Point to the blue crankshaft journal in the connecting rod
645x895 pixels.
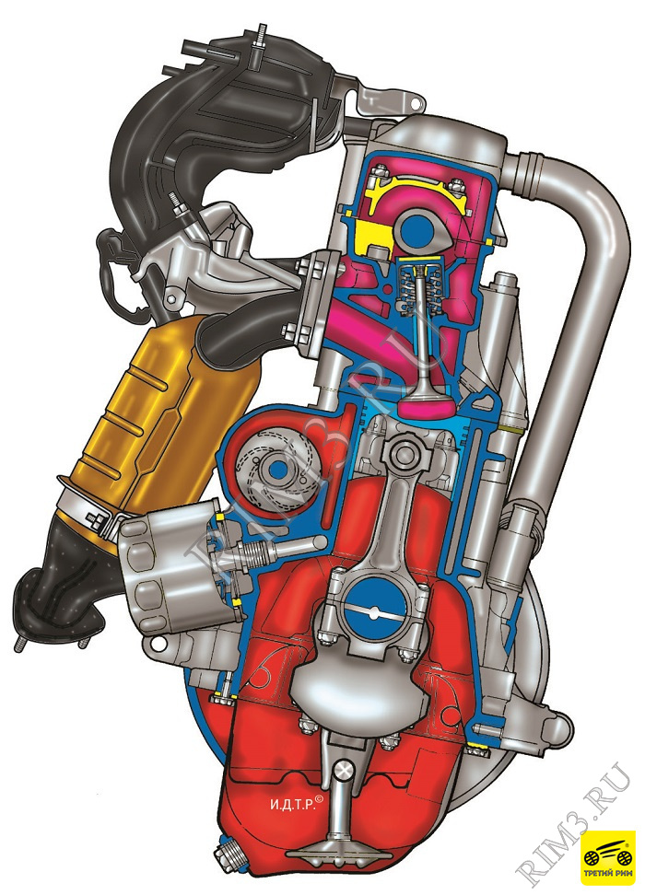373,604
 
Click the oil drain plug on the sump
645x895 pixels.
228,856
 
